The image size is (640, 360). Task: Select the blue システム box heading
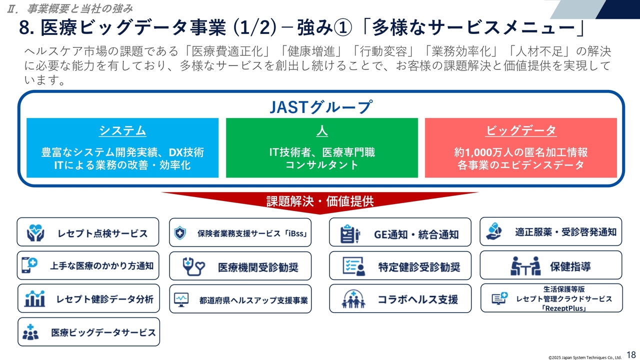(122, 131)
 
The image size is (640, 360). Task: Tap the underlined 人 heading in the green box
(321, 131)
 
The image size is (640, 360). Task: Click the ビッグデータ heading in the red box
(521, 131)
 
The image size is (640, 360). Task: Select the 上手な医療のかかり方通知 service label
(101, 266)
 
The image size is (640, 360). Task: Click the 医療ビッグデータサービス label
(103, 332)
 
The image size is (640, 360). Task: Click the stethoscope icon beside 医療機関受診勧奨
(193, 266)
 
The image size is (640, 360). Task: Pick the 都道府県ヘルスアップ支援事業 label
(253, 300)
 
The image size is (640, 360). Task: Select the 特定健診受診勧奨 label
(418, 267)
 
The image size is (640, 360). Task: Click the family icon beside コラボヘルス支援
(353, 299)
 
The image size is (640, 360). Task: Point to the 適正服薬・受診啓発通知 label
(565, 232)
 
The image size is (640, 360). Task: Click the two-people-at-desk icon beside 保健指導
(525, 265)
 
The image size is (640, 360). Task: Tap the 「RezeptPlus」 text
(563, 308)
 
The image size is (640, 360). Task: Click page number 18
(631, 353)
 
